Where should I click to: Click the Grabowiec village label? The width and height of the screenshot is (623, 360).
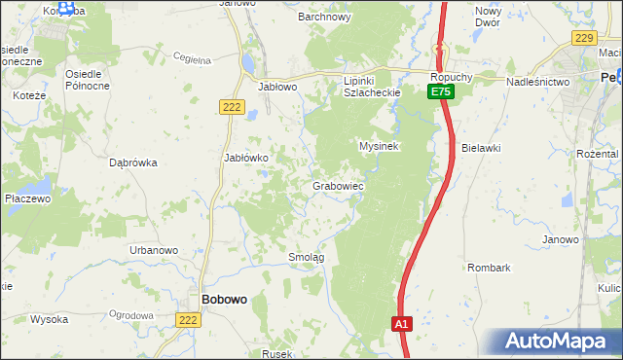338,185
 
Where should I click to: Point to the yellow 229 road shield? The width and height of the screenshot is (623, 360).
584,37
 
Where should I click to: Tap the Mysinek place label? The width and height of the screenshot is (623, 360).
381,146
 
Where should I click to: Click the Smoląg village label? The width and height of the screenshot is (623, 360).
306,257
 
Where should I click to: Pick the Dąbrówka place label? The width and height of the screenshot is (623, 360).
133,163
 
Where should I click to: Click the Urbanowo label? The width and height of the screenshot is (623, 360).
154,250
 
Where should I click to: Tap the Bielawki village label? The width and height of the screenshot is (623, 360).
481,147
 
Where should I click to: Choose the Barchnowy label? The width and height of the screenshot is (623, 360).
324,17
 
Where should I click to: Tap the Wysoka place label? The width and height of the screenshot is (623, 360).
49,319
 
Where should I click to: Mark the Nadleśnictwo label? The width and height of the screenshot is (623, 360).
537,83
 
